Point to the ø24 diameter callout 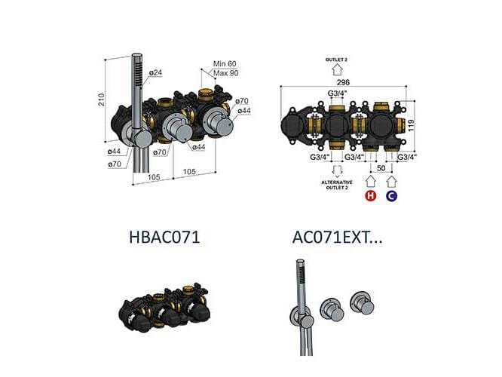[156, 73]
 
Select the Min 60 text [226, 65]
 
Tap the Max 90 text [226, 73]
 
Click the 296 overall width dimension [344, 85]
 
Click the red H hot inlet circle [371, 196]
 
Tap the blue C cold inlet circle [390, 196]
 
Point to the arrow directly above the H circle [371, 181]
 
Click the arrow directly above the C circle [390, 181]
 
